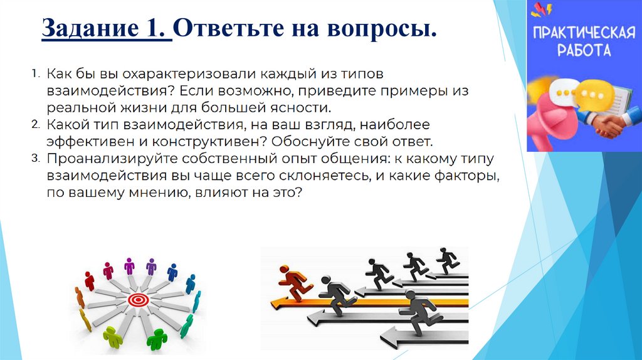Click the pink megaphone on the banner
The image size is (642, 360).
(x=552, y=122)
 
